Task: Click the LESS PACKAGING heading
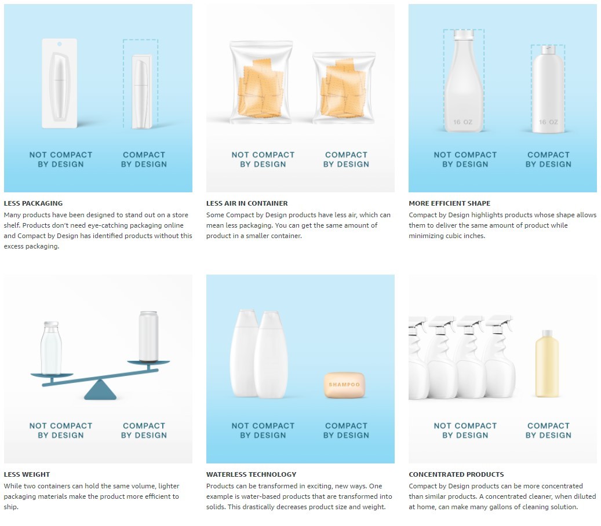[x=34, y=203]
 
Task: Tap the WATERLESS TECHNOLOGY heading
[x=252, y=474]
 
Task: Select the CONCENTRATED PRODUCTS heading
[x=456, y=474]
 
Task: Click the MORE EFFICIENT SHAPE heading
[x=450, y=203]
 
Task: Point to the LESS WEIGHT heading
[x=27, y=474]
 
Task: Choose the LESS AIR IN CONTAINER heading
[x=247, y=203]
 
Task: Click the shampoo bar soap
[x=345, y=385]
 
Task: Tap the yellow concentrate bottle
[x=547, y=364]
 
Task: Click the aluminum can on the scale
[x=148, y=337]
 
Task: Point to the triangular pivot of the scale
[x=100, y=390]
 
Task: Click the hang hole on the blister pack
[x=60, y=44]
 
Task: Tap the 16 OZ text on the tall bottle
[x=462, y=122]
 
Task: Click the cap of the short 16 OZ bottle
[x=548, y=49]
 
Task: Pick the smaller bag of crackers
[x=344, y=88]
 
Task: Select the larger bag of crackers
[x=261, y=82]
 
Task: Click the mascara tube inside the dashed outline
[x=141, y=92]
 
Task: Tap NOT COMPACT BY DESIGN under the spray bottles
[x=465, y=430]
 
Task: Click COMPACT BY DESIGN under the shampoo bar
[x=346, y=430]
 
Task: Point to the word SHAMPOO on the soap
[x=344, y=384]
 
